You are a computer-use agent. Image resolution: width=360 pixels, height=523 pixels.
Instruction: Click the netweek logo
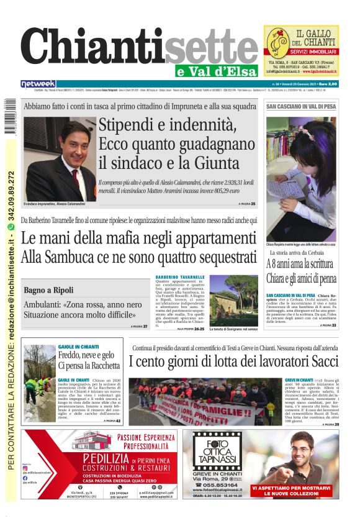pos(38,84)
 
